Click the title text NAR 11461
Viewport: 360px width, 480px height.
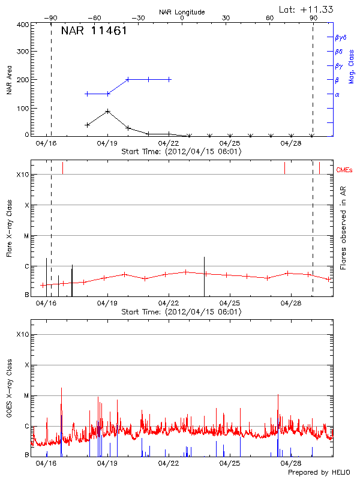click(94, 31)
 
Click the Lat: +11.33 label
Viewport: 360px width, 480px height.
click(307, 8)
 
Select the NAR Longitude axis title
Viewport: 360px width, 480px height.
click(182, 12)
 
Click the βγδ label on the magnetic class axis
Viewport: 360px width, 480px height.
click(340, 37)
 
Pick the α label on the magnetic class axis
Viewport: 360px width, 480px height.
click(337, 94)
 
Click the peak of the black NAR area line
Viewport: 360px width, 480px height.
click(107, 111)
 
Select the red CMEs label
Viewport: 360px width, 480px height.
click(345, 170)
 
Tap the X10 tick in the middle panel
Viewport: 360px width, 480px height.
click(23, 175)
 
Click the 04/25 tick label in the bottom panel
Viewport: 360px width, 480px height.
click(230, 464)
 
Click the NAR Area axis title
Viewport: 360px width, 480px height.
click(10, 80)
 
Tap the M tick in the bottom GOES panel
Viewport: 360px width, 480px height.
click(26, 396)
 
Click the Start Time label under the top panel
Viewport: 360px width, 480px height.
click(181, 152)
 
